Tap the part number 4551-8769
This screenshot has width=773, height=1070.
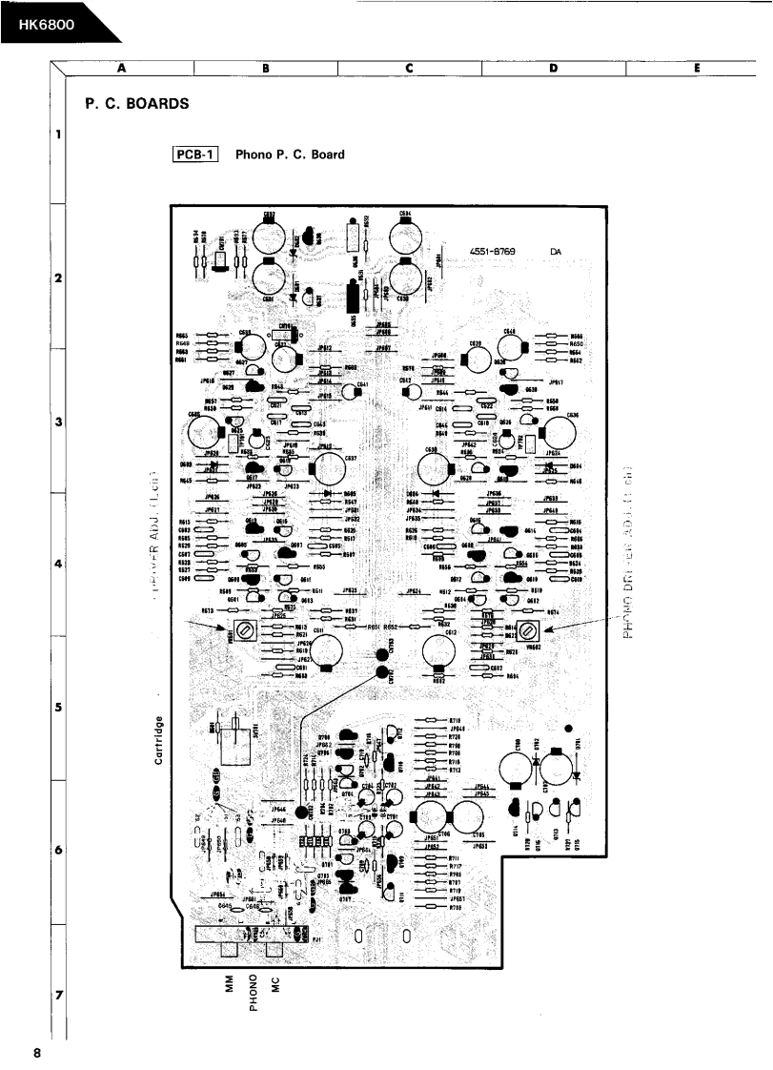(492, 252)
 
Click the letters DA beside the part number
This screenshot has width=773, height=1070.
(556, 252)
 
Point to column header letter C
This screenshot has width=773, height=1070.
(408, 68)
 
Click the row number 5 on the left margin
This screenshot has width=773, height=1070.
(58, 709)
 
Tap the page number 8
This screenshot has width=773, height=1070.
(36, 1053)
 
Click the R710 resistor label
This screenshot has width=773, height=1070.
(455, 720)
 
